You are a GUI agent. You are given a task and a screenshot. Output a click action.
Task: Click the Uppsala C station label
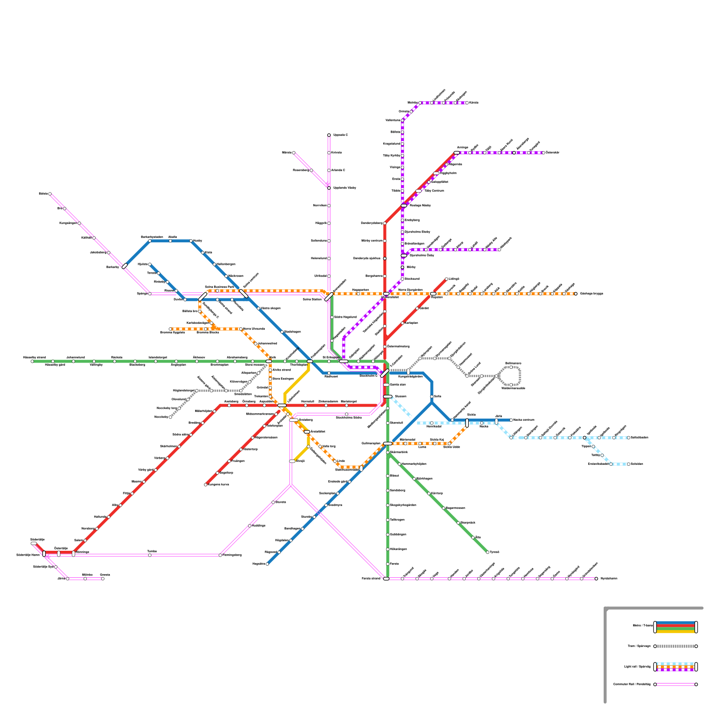[x=341, y=135]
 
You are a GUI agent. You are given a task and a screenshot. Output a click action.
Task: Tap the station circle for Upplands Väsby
[x=329, y=188]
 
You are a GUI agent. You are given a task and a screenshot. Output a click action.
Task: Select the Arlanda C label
[x=338, y=170]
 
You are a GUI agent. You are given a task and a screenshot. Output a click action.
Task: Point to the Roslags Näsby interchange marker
[x=404, y=206]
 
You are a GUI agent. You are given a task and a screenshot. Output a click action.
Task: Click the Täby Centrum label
[x=434, y=191]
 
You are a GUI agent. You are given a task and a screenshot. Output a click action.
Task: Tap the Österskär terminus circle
[x=543, y=153]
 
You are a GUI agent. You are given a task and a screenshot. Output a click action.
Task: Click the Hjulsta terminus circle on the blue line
[x=150, y=264]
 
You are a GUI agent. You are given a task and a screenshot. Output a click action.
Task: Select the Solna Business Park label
[x=219, y=287]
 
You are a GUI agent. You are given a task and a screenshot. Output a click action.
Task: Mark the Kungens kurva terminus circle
[x=206, y=485]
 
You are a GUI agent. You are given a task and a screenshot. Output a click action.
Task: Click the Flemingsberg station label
[x=232, y=555]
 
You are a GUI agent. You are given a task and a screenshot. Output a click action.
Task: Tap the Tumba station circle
[x=150, y=555]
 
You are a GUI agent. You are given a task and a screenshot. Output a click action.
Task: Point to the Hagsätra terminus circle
[x=267, y=564]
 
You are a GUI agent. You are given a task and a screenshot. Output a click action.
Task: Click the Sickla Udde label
[x=451, y=447]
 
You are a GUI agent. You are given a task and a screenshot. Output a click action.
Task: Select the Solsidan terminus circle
[x=629, y=464]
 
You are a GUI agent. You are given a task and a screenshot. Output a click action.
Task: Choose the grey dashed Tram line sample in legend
[x=675, y=646]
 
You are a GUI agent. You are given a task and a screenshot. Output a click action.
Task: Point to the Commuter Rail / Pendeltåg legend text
[x=632, y=684]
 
